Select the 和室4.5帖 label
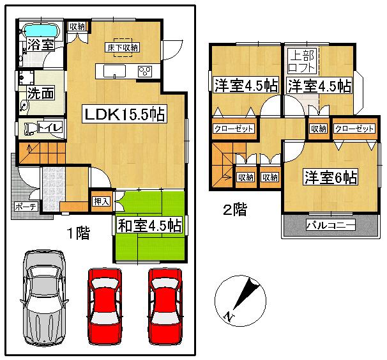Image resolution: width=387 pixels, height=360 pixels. point(149,226)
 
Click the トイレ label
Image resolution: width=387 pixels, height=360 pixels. point(49,128)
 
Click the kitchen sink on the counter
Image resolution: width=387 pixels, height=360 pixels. point(113,70)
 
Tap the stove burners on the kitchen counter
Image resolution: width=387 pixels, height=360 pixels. point(144,70)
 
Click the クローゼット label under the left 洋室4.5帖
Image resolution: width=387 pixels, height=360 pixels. point(234,129)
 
